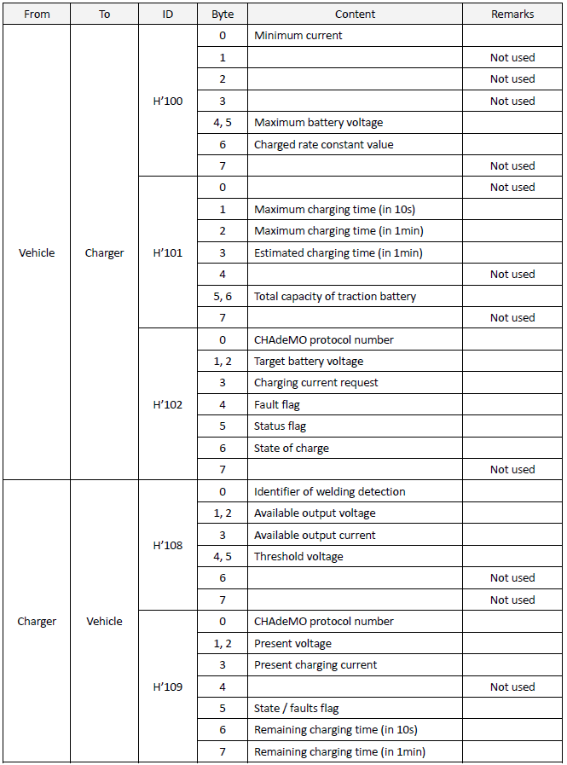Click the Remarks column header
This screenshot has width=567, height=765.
coord(512,14)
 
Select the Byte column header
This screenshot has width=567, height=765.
coord(223,14)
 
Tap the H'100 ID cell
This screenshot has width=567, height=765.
coord(167,101)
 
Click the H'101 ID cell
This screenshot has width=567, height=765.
coord(167,252)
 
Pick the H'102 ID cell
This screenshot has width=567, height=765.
coord(167,404)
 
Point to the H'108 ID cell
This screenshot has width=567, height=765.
coord(167,545)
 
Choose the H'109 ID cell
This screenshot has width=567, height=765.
coord(167,686)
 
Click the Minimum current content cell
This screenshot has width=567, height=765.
coord(298,36)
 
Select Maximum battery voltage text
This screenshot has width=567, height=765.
coord(318,123)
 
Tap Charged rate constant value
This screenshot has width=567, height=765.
coord(323,144)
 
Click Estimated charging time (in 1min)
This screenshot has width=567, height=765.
coord(338,252)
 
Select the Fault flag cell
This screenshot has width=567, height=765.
coord(277,404)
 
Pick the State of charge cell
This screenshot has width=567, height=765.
coord(291,448)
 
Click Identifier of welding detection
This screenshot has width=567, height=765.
coord(329,491)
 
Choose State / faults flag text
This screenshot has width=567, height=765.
coord(297,708)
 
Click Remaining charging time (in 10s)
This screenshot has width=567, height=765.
coord(335,729)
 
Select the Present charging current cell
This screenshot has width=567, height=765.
coord(315,664)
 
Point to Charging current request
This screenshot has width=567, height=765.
coord(315,383)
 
